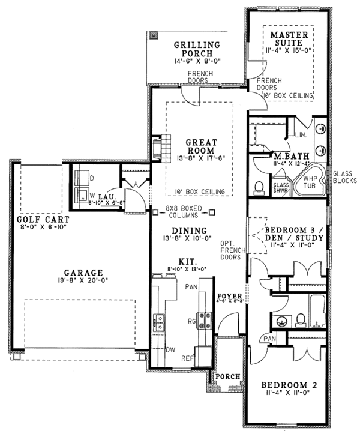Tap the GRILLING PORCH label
coord(196,50)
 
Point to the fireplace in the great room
coord(157,148)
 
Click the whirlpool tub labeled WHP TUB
coord(310,182)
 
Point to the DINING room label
coord(189,231)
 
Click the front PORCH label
coord(228,376)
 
